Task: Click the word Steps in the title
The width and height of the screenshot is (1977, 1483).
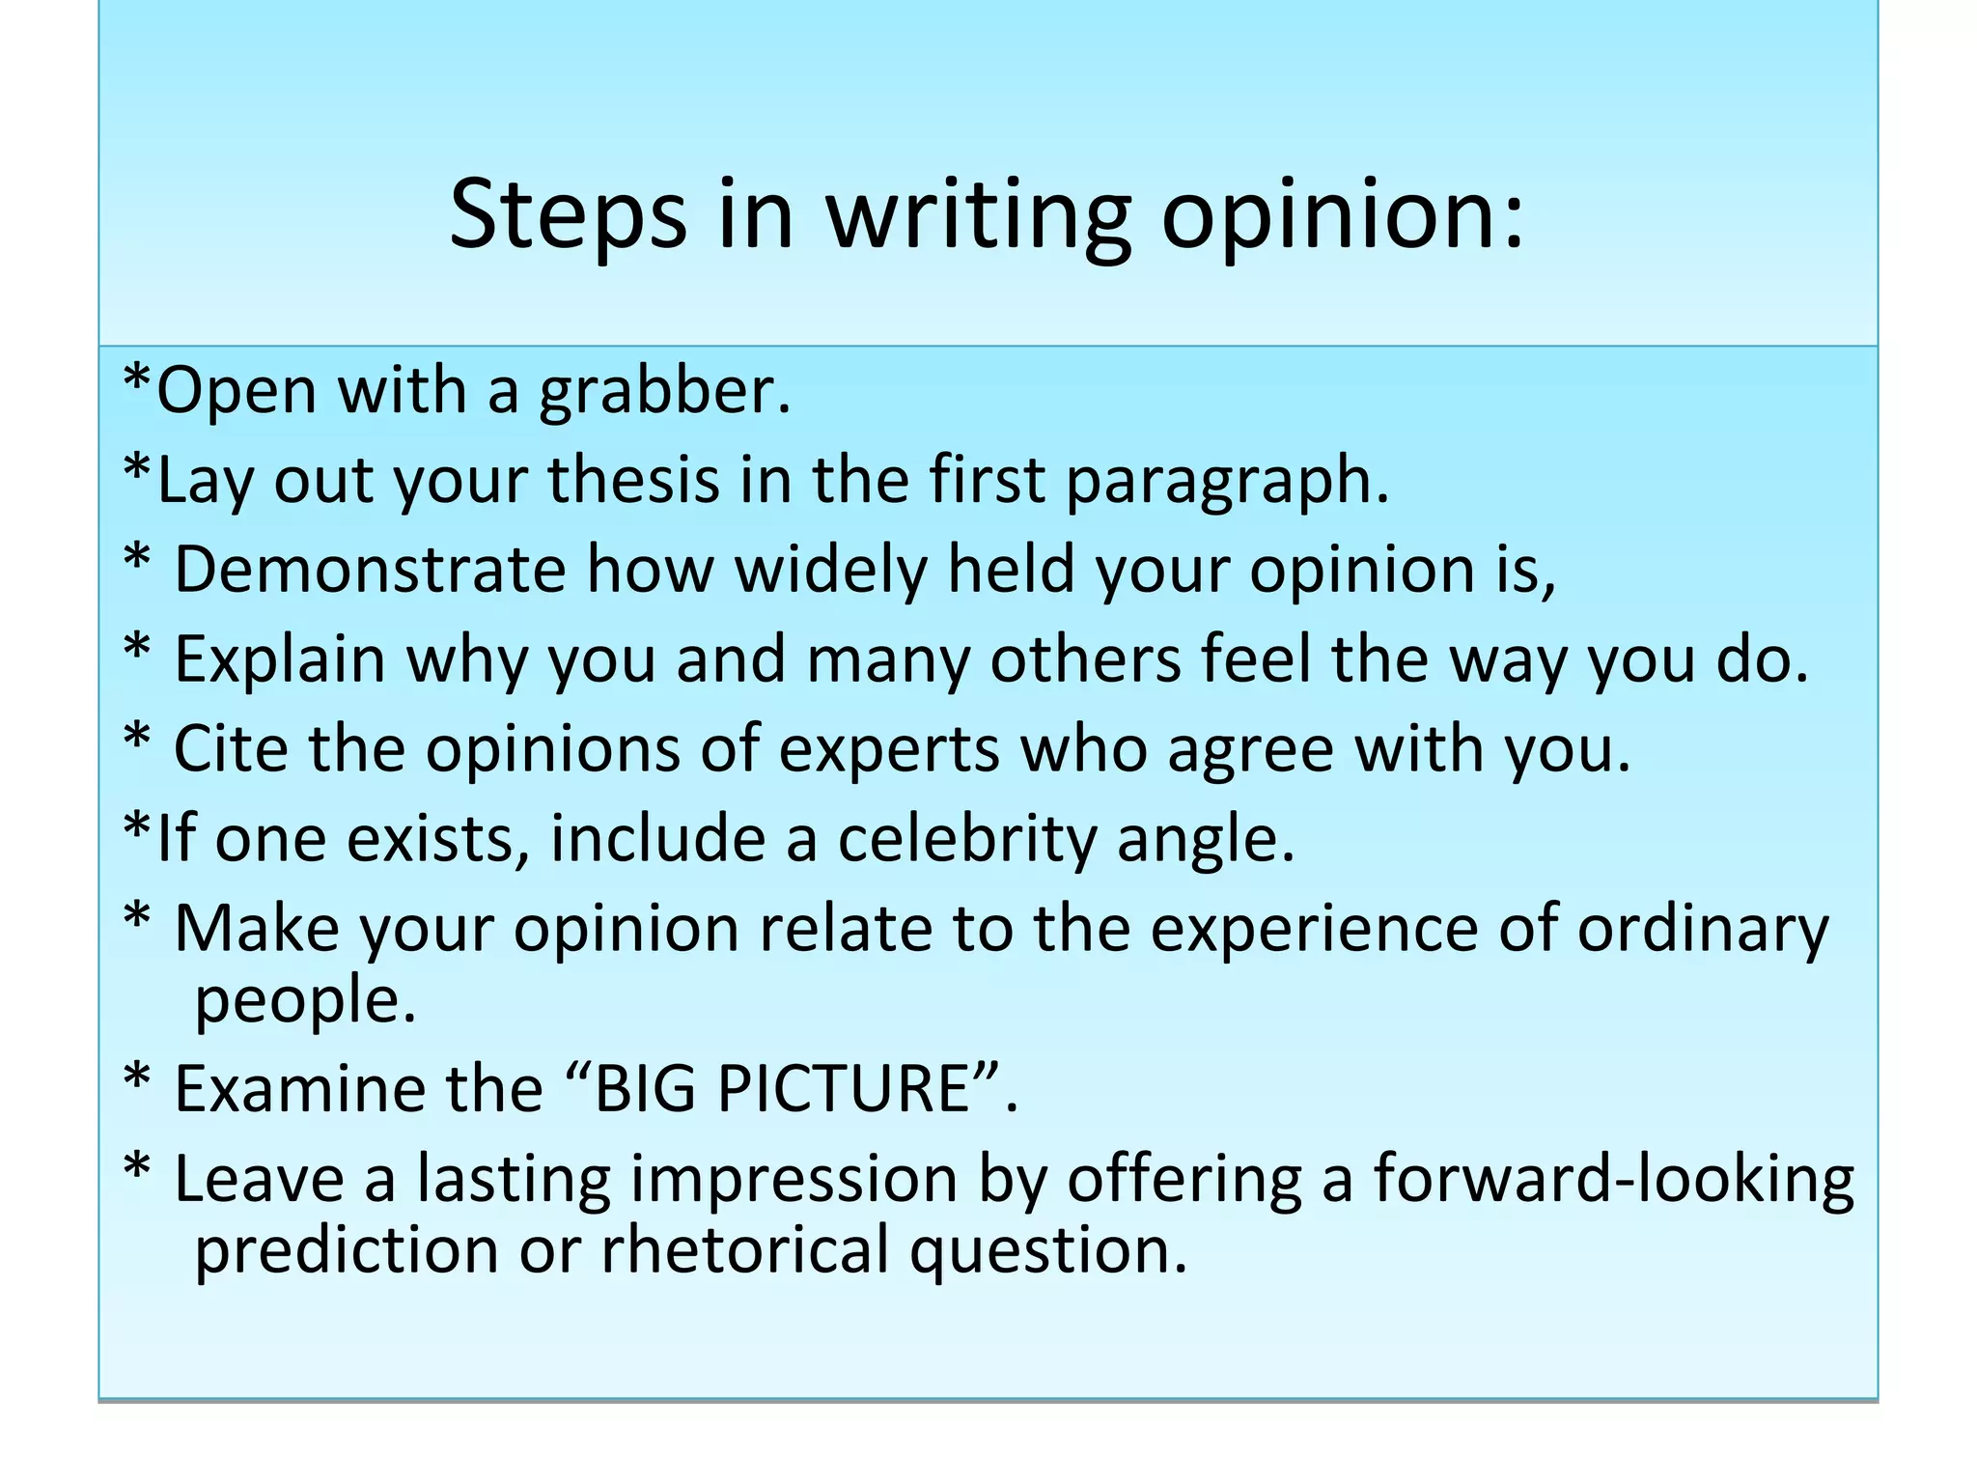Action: click(568, 214)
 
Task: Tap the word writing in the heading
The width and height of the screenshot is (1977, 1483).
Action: click(978, 214)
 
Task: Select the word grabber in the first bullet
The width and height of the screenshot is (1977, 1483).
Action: click(664, 392)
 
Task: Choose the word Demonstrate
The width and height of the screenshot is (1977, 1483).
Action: click(370, 569)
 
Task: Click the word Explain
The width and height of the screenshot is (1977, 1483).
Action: click(280, 658)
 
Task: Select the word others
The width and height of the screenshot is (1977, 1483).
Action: click(1085, 658)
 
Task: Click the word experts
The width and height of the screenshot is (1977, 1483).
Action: click(889, 750)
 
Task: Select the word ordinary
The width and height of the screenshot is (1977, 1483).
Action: click(1703, 929)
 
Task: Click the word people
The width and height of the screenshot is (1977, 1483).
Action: click(305, 1000)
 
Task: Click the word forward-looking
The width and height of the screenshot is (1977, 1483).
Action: click(1613, 1179)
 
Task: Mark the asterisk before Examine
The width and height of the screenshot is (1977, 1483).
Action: click(137, 1082)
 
